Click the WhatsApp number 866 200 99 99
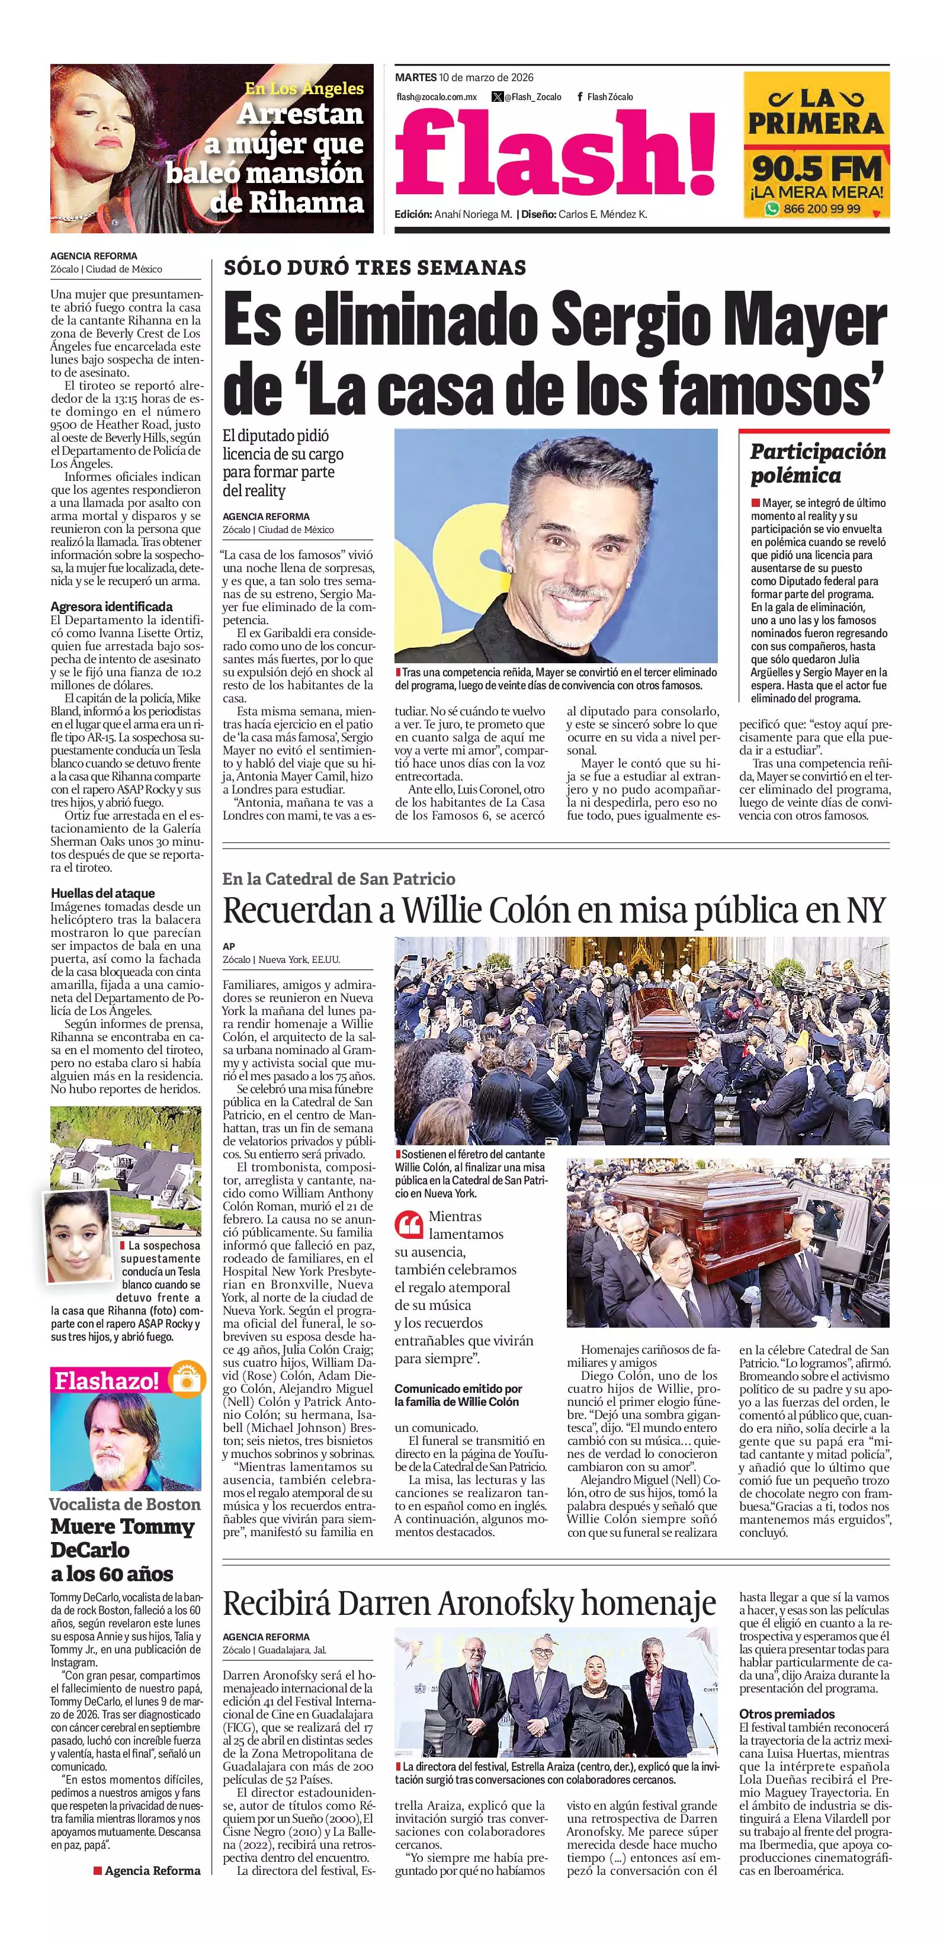coord(821,208)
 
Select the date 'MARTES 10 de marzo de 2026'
coord(464,78)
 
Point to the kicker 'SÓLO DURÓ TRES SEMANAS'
coord(374,267)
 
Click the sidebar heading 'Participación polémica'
coord(817,463)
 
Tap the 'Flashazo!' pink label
coord(106,1380)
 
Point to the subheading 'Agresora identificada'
coord(111,606)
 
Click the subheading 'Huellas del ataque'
coord(102,893)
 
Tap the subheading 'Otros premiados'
coord(787,1713)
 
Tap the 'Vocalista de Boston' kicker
coord(125,1505)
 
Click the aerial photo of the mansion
coord(126,1145)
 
